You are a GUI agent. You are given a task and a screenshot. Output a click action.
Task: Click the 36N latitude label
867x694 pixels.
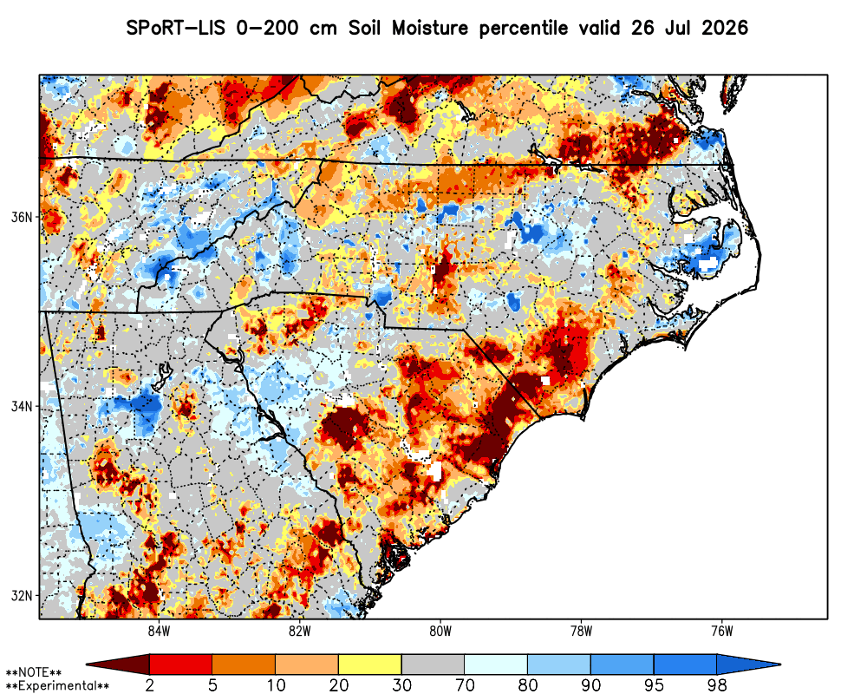point(22,216)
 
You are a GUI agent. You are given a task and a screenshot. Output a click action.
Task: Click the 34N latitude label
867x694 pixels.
point(22,406)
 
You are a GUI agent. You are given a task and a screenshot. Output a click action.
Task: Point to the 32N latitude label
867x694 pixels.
point(22,595)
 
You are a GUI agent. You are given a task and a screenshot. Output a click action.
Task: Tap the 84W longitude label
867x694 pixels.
point(159,631)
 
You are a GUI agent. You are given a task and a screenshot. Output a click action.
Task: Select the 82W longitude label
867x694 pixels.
point(300,631)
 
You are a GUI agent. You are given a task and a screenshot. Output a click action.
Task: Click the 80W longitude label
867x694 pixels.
point(440,631)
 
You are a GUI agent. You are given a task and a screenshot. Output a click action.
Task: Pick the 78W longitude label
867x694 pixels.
point(581,631)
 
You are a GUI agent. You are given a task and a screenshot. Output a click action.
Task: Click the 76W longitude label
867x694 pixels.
point(722,631)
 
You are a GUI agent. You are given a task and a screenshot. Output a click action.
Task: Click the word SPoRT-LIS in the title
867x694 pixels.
point(176,28)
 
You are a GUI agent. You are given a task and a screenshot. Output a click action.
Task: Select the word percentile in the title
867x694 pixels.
point(523,29)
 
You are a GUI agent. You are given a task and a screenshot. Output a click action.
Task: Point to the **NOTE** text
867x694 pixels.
point(34,673)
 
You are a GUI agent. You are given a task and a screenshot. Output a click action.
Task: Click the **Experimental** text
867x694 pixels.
point(57,686)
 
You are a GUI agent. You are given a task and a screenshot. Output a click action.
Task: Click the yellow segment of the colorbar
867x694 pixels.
point(370,665)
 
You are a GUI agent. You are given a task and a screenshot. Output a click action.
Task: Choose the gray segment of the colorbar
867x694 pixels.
point(433,665)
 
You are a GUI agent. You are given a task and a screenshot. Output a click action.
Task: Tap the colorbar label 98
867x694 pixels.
point(717,685)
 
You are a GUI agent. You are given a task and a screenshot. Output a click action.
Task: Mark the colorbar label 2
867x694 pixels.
point(149,685)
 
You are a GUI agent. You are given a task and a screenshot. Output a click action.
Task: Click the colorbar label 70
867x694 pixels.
point(465,685)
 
